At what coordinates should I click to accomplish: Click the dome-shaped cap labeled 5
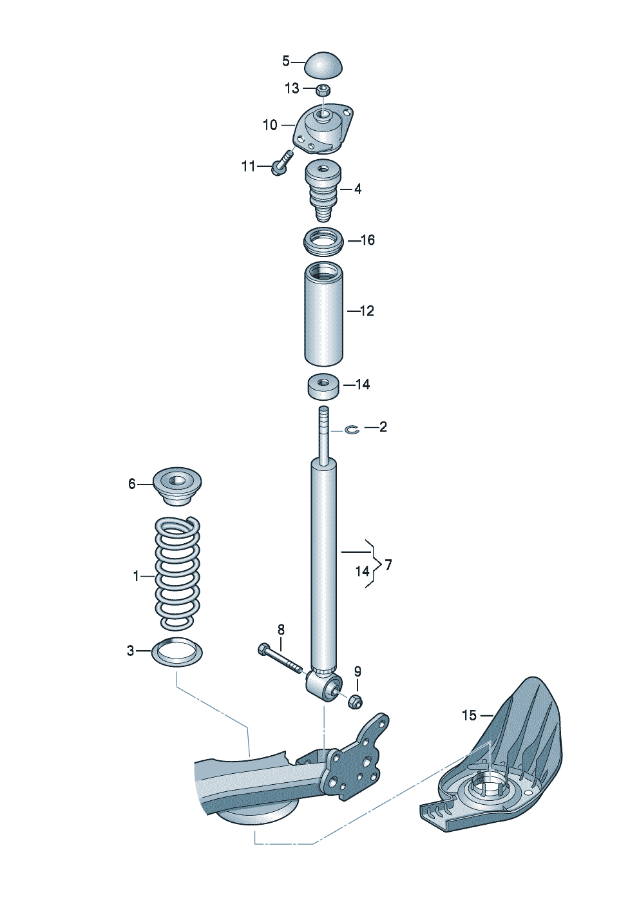tap(324, 65)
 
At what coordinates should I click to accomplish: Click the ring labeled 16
tap(323, 242)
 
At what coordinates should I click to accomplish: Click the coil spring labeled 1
tap(176, 573)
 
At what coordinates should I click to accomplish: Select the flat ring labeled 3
tap(176, 651)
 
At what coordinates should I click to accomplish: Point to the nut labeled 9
tap(355, 701)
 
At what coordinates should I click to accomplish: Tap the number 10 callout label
tap(270, 125)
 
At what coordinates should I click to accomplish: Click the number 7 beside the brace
tap(388, 565)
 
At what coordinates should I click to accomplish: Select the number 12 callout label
tap(367, 311)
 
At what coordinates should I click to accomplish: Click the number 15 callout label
tap(469, 715)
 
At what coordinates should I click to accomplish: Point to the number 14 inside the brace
tap(363, 571)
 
